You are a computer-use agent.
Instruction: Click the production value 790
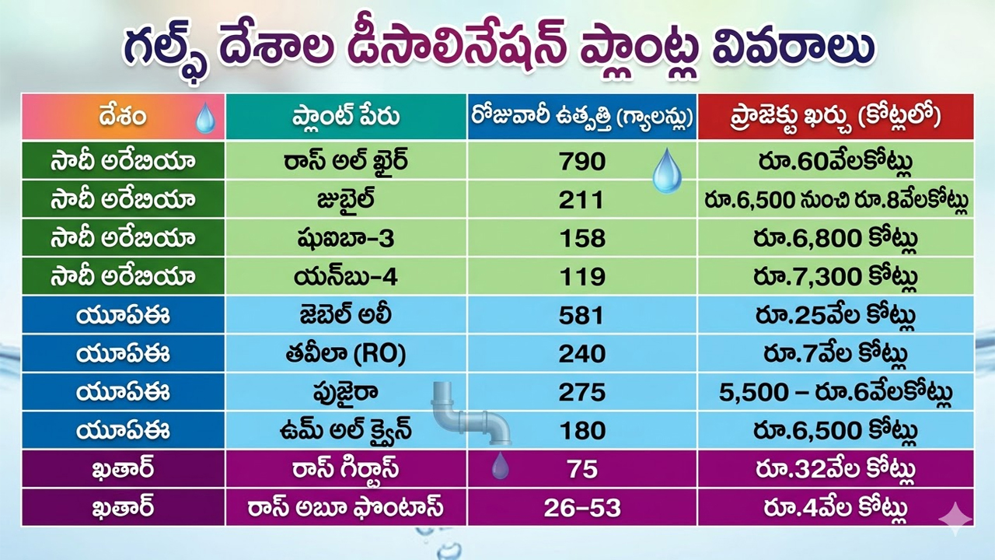tap(582, 161)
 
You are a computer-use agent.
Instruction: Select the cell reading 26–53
tap(582, 508)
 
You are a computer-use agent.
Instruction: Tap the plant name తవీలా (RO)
tap(346, 354)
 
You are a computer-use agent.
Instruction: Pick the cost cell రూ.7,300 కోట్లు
tap(835, 278)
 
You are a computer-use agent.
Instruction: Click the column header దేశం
tap(123, 117)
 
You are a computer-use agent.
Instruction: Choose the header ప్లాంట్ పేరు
tap(346, 117)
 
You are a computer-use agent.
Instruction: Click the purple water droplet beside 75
tap(500, 465)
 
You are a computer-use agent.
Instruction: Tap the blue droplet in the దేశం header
tap(206, 118)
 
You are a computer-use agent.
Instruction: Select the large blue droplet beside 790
tap(667, 171)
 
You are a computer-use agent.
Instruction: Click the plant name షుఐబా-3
tap(346, 239)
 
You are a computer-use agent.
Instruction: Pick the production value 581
tap(582, 316)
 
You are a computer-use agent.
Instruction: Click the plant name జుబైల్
tap(346, 200)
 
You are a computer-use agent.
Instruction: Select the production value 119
tap(582, 278)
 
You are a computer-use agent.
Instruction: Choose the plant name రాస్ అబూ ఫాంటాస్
tap(346, 508)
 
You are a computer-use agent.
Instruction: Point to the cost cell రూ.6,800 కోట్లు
tap(835, 239)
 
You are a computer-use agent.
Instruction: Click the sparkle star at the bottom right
tap(955, 519)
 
